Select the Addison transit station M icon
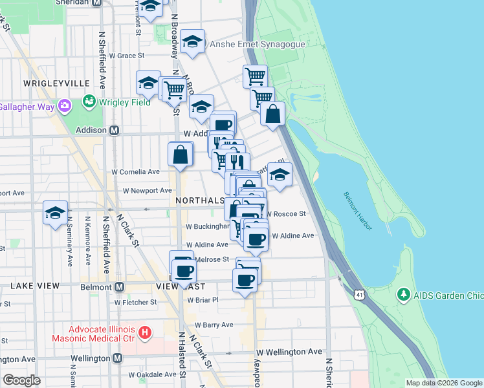coord(115,130)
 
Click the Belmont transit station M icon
coord(120,286)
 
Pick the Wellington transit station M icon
coord(117,358)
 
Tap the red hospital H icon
coord(145,333)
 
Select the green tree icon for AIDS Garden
coord(404,295)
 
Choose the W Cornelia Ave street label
coord(136,172)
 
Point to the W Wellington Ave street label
coord(289,352)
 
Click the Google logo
coord(22,380)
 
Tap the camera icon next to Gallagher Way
coord(64,105)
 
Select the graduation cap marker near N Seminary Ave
coord(56,213)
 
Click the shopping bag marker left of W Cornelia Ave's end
coord(181,155)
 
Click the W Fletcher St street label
coord(136,302)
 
